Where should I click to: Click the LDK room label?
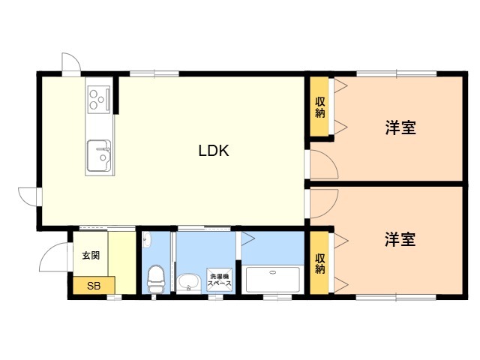pyautogui.click(x=214, y=151)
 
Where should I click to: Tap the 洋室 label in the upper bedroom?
pyautogui.click(x=400, y=127)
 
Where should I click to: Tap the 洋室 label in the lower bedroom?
pyautogui.click(x=400, y=239)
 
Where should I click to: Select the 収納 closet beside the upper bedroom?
pyautogui.click(x=319, y=106)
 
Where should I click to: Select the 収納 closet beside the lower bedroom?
pyautogui.click(x=319, y=262)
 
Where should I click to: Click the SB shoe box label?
pyautogui.click(x=94, y=286)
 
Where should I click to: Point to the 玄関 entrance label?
pyautogui.click(x=91, y=255)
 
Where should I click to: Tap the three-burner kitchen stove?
pyautogui.click(x=98, y=97)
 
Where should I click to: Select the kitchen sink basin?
pyautogui.click(x=99, y=156)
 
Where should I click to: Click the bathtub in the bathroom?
pyautogui.click(x=273, y=280)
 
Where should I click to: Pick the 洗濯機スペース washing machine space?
pyautogui.click(x=220, y=280)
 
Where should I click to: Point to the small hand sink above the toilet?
pyautogui.click(x=147, y=240)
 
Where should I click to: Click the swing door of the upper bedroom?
pyautogui.click(x=324, y=164)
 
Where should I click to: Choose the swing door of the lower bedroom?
pyautogui.click(x=324, y=203)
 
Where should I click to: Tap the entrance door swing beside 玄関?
pyautogui.click(x=54, y=256)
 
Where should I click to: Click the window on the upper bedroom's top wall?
pyautogui.click(x=397, y=73)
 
